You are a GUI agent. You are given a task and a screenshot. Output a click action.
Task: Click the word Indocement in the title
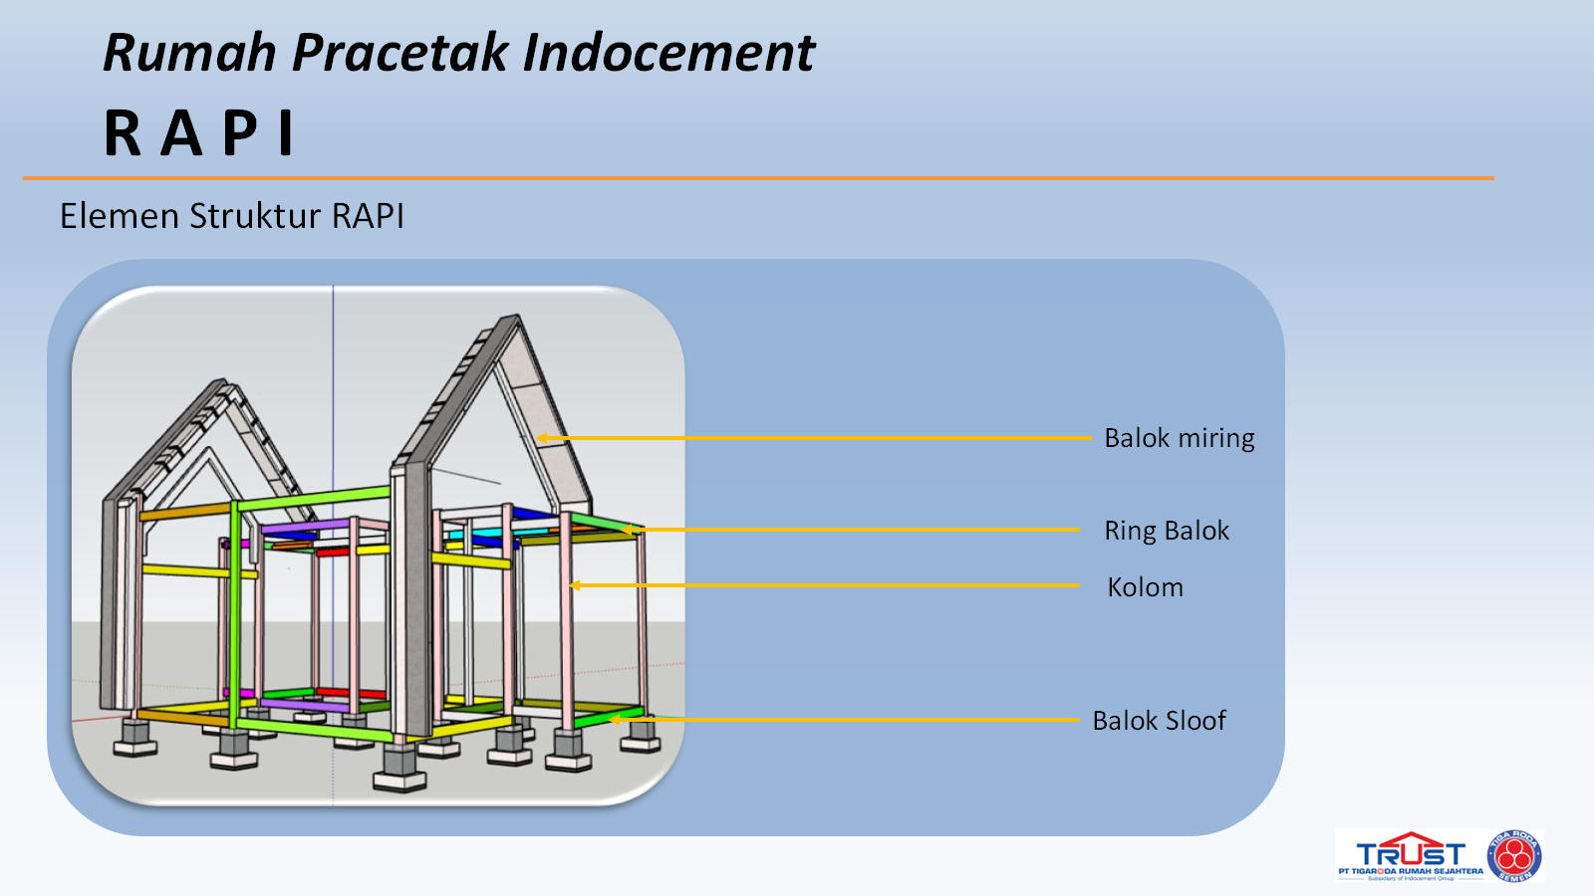[668, 54]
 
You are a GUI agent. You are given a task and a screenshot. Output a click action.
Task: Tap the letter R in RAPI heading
[124, 133]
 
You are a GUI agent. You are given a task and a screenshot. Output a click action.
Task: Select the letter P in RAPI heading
[240, 133]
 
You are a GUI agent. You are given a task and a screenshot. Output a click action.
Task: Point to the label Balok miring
[1179, 438]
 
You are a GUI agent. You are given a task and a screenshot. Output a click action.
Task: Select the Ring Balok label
[1166, 531]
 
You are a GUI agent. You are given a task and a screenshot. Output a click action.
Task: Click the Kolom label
[1145, 587]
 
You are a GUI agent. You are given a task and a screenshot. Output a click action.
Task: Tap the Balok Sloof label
[1159, 721]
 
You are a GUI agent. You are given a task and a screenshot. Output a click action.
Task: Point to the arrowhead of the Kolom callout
[575, 585]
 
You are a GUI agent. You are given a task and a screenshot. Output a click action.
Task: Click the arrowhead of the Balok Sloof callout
[615, 720]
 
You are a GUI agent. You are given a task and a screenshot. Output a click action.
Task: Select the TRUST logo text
[1410, 854]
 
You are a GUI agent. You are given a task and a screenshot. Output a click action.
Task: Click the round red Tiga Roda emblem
[1514, 856]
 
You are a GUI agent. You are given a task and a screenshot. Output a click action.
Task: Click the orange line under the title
[757, 178]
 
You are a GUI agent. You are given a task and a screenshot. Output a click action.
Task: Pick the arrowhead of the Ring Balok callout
[630, 530]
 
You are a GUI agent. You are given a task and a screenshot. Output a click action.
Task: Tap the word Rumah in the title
[189, 54]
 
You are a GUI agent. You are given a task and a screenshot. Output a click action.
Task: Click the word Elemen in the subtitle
[120, 216]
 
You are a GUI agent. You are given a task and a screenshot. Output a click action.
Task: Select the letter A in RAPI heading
[182, 133]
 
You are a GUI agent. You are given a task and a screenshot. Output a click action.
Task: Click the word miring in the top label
[1216, 438]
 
